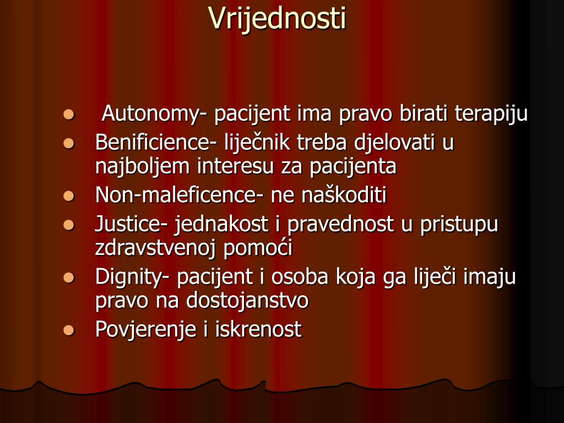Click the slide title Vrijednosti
[277, 19]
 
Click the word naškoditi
[344, 196]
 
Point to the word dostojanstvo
[247, 301]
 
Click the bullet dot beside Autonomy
[68, 115]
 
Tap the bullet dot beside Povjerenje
[68, 330]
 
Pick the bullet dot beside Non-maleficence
[68, 196]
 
